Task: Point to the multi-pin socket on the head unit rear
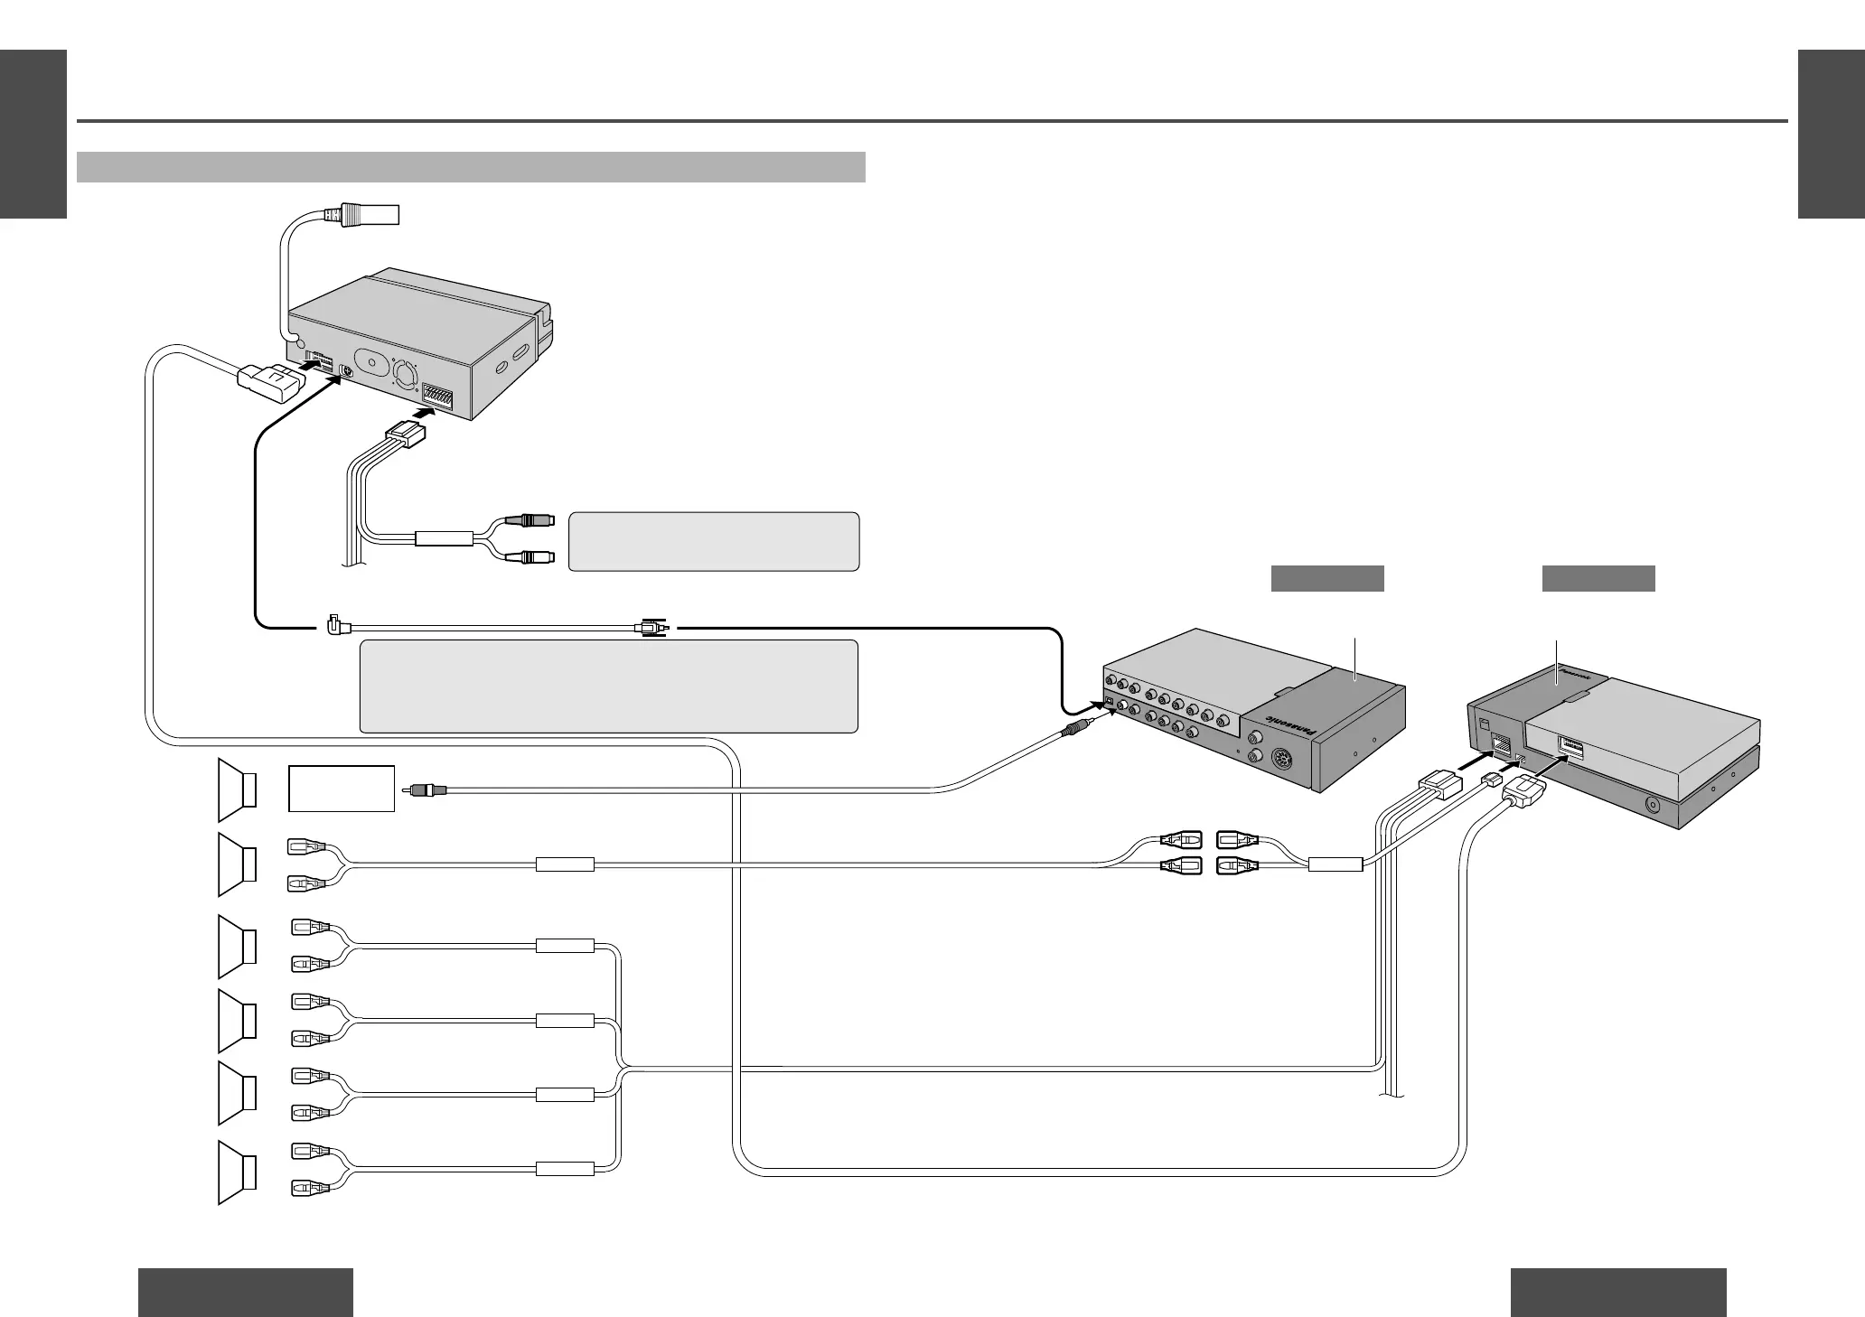pos(444,395)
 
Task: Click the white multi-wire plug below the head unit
pos(405,434)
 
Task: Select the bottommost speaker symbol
pos(237,1172)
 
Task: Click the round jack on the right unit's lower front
pos(1654,804)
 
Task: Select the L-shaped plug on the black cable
pos(332,623)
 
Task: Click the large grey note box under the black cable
pos(608,687)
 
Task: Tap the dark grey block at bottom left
pos(245,1292)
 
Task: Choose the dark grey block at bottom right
pos(1618,1292)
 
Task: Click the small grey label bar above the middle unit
pos(1327,578)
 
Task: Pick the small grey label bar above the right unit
pos(1598,578)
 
